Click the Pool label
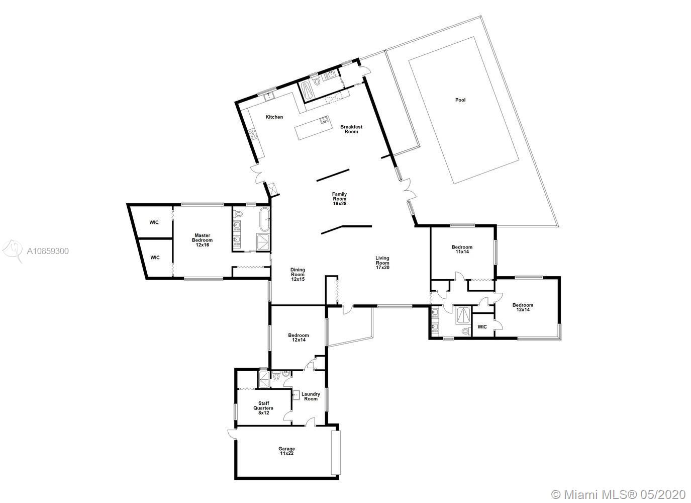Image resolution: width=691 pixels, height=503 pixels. click(x=460, y=100)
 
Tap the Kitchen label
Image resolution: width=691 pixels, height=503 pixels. click(x=274, y=117)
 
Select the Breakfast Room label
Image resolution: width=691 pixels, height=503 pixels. click(x=351, y=129)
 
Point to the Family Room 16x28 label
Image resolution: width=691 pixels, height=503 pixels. click(x=339, y=199)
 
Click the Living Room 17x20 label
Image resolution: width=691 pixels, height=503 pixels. click(x=382, y=263)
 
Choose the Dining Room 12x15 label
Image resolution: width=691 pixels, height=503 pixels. click(x=298, y=275)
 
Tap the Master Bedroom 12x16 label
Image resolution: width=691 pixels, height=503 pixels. click(x=202, y=240)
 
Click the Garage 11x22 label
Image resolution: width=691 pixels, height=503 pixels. click(x=286, y=451)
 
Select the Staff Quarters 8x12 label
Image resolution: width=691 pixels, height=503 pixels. click(x=263, y=408)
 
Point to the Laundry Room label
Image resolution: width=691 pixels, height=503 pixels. click(x=311, y=396)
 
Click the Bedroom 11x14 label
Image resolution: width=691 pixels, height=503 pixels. click(x=462, y=249)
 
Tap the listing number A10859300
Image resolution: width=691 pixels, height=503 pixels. click(x=48, y=251)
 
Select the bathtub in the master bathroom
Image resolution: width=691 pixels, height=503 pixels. click(x=264, y=219)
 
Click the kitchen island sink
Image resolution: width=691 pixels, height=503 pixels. click(x=324, y=120)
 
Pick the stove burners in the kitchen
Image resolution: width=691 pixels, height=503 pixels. click(x=253, y=134)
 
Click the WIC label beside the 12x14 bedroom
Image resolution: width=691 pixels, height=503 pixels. click(x=482, y=326)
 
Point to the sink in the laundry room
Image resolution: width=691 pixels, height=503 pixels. click(x=296, y=395)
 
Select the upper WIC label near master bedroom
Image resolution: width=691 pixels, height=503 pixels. click(x=154, y=222)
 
